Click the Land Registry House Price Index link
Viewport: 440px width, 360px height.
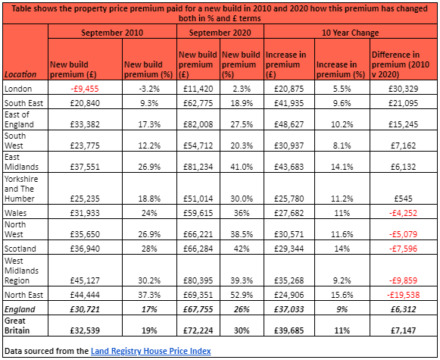click(151, 351)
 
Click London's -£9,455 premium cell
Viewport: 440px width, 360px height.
click(84, 88)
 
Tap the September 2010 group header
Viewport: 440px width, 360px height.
click(112, 33)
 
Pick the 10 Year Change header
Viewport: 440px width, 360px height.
click(349, 33)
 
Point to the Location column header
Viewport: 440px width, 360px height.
click(23, 74)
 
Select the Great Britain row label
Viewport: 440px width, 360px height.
click(19, 327)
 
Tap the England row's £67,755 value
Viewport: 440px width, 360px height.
click(198, 309)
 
